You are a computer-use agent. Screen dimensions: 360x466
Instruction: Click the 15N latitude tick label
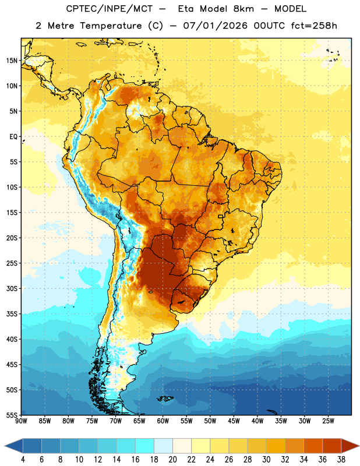coord(12,61)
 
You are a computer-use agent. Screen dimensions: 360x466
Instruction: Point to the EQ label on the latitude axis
coord(13,137)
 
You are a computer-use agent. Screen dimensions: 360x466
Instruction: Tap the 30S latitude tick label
coord(12,288)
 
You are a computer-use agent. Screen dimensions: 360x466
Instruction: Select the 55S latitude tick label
coord(12,415)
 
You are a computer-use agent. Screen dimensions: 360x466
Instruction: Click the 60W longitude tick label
coord(163,421)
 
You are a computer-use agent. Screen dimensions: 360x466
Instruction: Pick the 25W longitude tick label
coord(328,421)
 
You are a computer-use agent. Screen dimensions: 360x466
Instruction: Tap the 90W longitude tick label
coord(22,421)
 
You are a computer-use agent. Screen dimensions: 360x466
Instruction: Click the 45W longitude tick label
coord(234,421)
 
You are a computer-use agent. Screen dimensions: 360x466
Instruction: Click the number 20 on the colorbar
coord(172,459)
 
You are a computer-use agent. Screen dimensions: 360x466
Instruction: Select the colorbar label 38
coord(341,459)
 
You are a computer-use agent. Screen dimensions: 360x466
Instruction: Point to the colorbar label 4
coord(23,459)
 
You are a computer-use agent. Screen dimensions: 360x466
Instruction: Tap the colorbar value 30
coord(266,459)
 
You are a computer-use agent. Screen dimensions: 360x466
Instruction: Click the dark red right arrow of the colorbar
coord(350,446)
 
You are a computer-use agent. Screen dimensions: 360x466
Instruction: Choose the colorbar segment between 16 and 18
coord(144,446)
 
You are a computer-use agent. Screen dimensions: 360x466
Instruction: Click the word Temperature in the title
coord(111,26)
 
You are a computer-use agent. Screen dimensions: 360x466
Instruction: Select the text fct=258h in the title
coord(314,26)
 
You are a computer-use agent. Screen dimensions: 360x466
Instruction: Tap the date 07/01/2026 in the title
coord(215,26)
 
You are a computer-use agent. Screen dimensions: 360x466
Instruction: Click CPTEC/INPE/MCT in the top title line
coord(110,9)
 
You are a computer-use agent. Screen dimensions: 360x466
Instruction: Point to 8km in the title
coord(243,9)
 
